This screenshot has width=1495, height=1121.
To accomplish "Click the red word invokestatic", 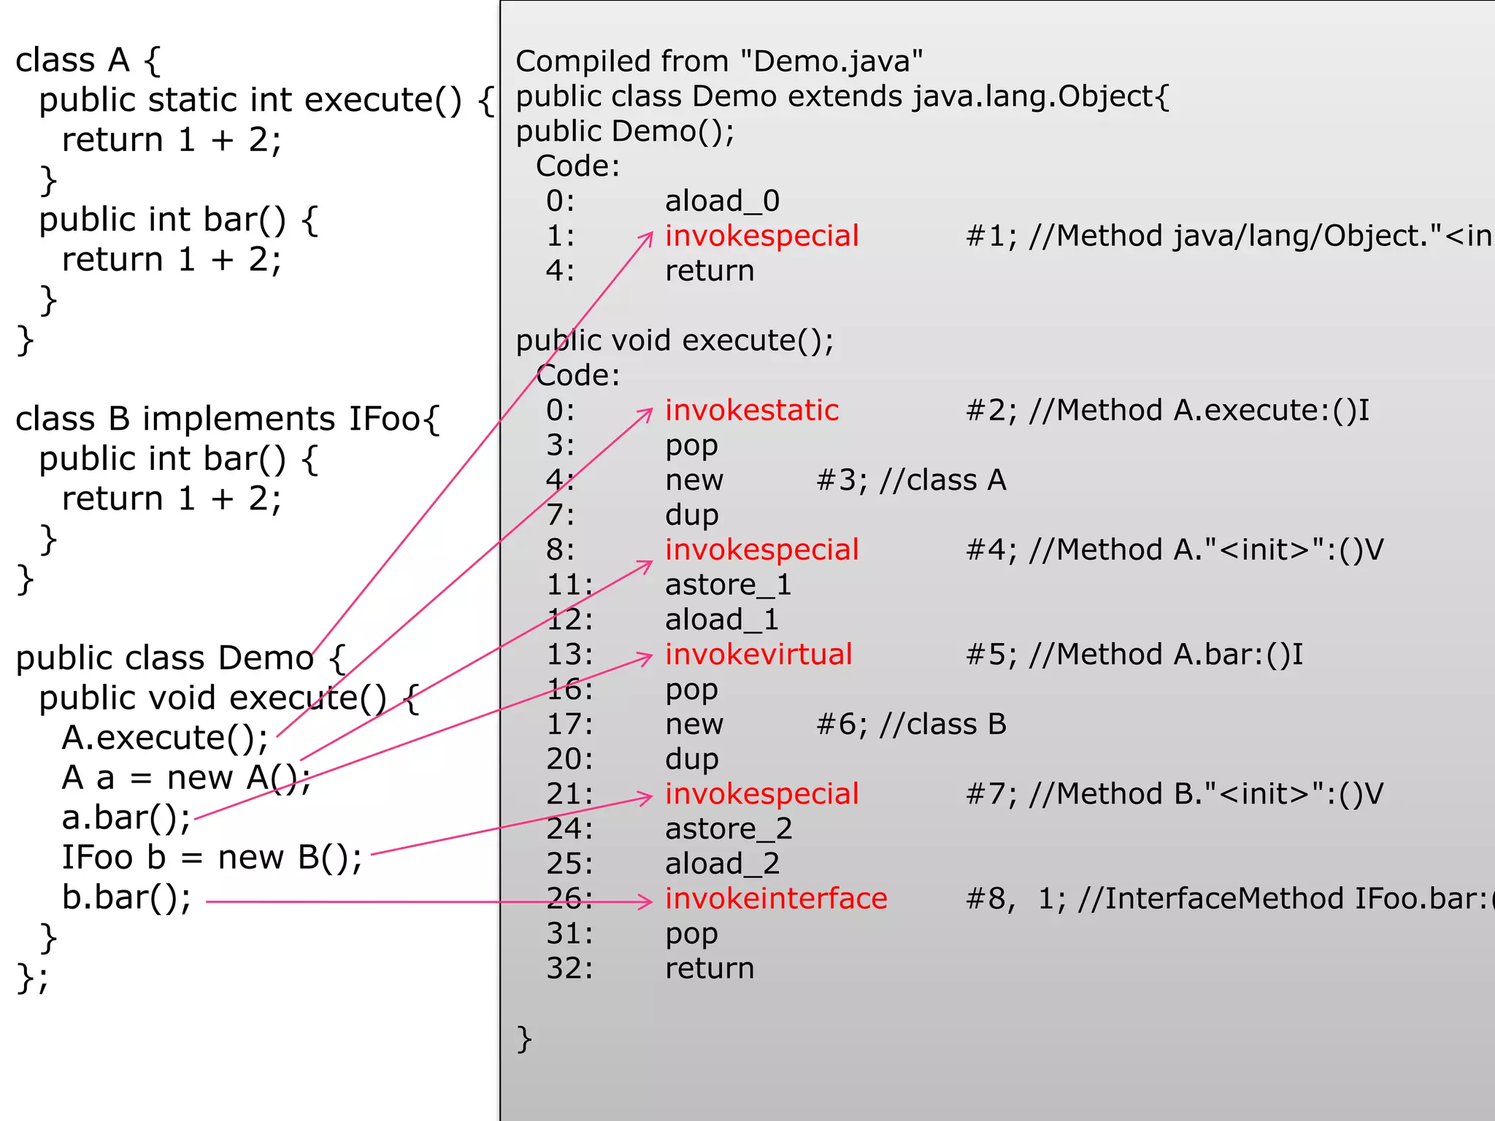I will pyautogui.click(x=751, y=410).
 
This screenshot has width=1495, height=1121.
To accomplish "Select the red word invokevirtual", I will pyautogui.click(x=758, y=654).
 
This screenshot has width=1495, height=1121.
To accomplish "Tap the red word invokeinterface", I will pyautogui.click(x=775, y=898).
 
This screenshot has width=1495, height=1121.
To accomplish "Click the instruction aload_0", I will pyautogui.click(x=722, y=201).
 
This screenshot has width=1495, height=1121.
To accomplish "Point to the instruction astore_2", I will pyautogui.click(x=728, y=829).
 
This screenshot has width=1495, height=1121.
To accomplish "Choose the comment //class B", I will pyautogui.click(x=943, y=724).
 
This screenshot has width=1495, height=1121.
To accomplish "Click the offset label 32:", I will pyautogui.click(x=569, y=968).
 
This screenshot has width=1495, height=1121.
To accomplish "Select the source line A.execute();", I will pyautogui.click(x=165, y=737).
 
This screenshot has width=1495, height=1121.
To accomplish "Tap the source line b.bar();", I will pyautogui.click(x=126, y=897).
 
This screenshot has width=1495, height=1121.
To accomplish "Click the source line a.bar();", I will pyautogui.click(x=126, y=817).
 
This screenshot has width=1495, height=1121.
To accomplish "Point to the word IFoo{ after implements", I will pyautogui.click(x=394, y=419).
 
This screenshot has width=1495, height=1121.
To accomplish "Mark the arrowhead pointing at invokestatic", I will pyautogui.click(x=647, y=413).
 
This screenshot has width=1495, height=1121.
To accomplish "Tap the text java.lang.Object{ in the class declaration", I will pyautogui.click(x=1041, y=96).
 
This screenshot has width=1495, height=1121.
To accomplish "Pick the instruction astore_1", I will pyautogui.click(x=728, y=585).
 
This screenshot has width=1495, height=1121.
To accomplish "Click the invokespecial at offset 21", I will pyautogui.click(x=761, y=794).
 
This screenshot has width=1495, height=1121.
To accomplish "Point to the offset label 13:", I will pyautogui.click(x=569, y=655).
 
